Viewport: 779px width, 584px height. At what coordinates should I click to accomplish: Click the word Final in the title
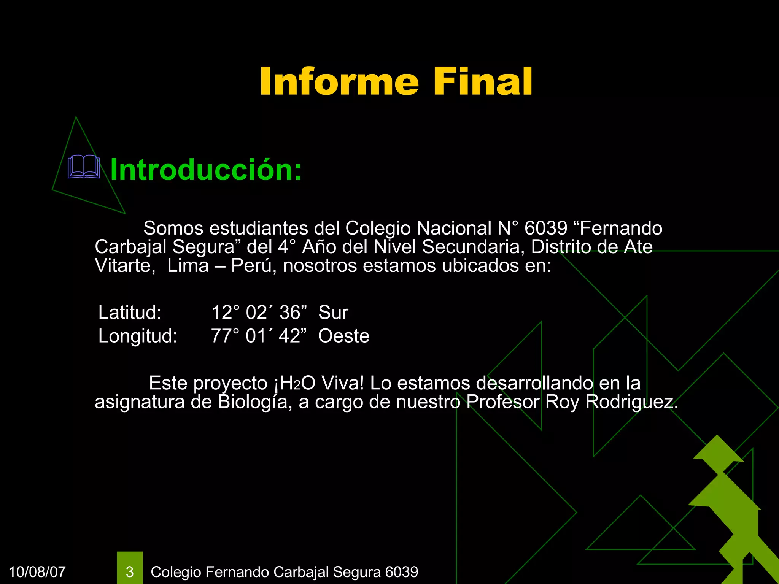tap(483, 81)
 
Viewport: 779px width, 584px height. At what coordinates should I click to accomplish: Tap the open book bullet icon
tap(84, 167)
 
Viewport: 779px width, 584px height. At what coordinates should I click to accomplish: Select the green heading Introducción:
tap(206, 170)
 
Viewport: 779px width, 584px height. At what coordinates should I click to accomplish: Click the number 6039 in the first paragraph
tap(545, 229)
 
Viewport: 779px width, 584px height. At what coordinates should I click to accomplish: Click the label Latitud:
tap(130, 313)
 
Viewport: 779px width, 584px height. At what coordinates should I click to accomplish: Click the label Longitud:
tap(138, 336)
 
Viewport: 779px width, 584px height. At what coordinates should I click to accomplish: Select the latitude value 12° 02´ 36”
tap(259, 313)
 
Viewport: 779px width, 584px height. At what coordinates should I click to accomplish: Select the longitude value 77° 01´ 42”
tap(259, 336)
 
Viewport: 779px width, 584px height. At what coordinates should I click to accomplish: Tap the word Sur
tap(333, 313)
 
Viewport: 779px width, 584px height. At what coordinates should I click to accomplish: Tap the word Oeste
tap(344, 336)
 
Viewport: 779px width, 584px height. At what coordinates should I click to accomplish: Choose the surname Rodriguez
tap(631, 402)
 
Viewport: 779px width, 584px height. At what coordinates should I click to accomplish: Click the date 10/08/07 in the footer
tap(37, 572)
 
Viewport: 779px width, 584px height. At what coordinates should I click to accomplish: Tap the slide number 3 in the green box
tap(130, 572)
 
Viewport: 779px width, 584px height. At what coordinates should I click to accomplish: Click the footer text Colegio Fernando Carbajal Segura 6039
tap(285, 572)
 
